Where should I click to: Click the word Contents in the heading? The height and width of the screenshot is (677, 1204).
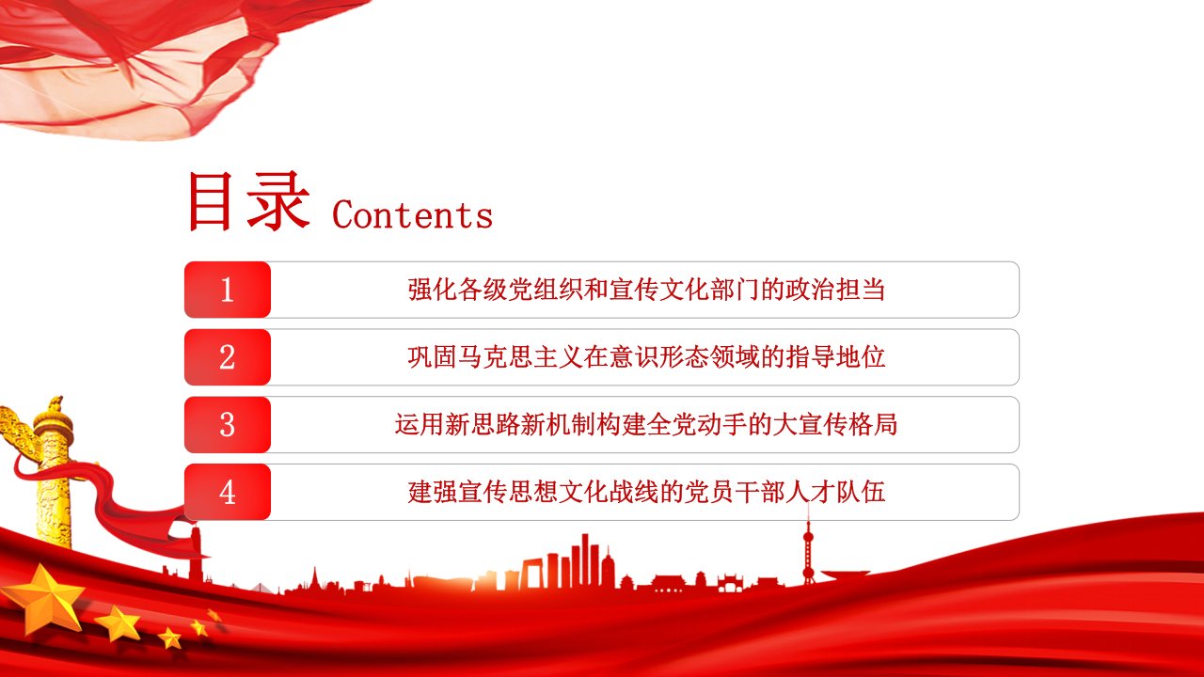click(412, 215)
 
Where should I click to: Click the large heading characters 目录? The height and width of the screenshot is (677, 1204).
click(249, 201)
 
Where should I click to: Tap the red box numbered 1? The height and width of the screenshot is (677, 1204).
click(228, 290)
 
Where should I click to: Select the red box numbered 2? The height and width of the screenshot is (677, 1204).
click(228, 357)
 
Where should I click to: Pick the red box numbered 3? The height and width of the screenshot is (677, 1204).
click(228, 424)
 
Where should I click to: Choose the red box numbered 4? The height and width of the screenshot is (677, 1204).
click(228, 492)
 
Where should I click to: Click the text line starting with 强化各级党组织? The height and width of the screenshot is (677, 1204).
click(646, 290)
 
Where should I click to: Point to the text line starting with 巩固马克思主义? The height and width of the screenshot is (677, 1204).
click(646, 357)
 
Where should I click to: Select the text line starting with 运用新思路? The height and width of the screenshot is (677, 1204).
click(646, 424)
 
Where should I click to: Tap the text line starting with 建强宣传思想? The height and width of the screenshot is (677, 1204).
click(646, 492)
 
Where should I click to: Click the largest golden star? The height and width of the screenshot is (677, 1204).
click(44, 600)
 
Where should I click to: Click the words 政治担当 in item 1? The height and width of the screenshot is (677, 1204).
click(836, 290)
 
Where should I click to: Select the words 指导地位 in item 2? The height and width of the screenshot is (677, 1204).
click(836, 357)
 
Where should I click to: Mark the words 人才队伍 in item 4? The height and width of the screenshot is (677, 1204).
click(836, 492)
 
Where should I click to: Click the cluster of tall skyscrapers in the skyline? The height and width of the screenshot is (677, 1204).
click(570, 561)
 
